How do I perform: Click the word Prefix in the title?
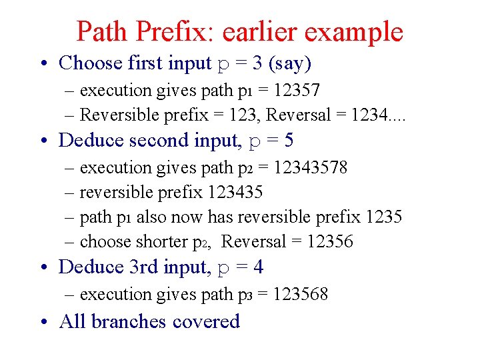click(167, 31)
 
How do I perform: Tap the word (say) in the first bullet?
click(289, 63)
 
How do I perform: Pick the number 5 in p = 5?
click(288, 141)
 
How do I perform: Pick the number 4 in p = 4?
click(258, 267)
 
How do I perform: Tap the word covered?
click(206, 321)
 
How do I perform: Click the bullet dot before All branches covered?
click(43, 322)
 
